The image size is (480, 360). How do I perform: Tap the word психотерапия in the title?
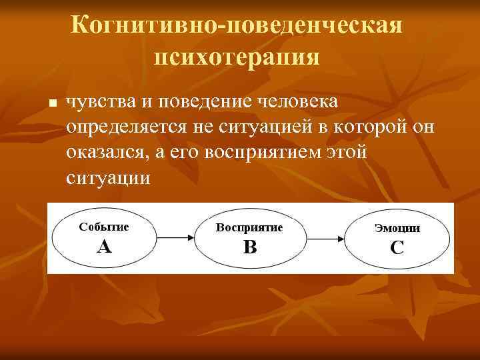click(237, 56)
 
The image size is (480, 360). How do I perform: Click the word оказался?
click(108, 153)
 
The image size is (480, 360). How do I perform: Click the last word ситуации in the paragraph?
click(109, 178)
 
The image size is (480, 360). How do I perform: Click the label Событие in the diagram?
click(104, 226)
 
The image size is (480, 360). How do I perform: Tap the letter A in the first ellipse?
click(104, 247)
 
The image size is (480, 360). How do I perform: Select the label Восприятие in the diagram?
click(249, 227)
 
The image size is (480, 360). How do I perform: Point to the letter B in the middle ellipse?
click(250, 248)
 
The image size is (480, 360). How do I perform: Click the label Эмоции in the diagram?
click(397, 228)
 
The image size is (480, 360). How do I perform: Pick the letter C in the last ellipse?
click(397, 249)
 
